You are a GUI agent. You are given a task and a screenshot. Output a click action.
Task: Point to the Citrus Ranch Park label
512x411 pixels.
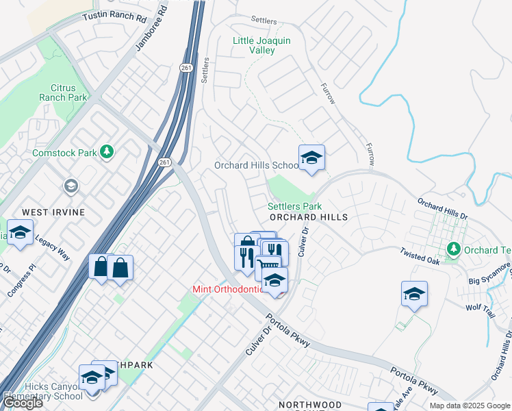click(68, 93)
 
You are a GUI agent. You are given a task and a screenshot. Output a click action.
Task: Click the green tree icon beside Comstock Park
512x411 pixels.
click(106, 151)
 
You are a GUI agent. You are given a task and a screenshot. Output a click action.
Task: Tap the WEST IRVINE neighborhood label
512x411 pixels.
click(54, 212)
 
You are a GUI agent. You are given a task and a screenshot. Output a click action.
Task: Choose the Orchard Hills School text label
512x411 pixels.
click(256, 166)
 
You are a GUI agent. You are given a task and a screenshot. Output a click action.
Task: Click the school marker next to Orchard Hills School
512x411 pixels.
click(311, 158)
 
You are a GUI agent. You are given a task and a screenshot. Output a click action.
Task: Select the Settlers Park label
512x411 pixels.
click(294, 206)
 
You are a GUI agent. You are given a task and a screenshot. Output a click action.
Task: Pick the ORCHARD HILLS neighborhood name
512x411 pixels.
click(308, 217)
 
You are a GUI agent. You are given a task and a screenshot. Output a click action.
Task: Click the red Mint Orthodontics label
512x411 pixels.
click(227, 290)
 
